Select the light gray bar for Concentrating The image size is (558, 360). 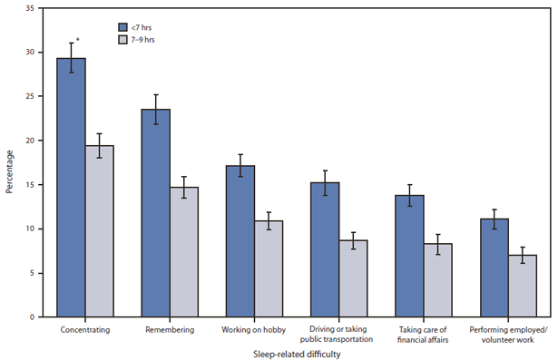[100, 231]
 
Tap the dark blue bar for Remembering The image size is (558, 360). [155, 213]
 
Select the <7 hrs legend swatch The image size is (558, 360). [123, 28]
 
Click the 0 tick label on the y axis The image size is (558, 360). [34, 316]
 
